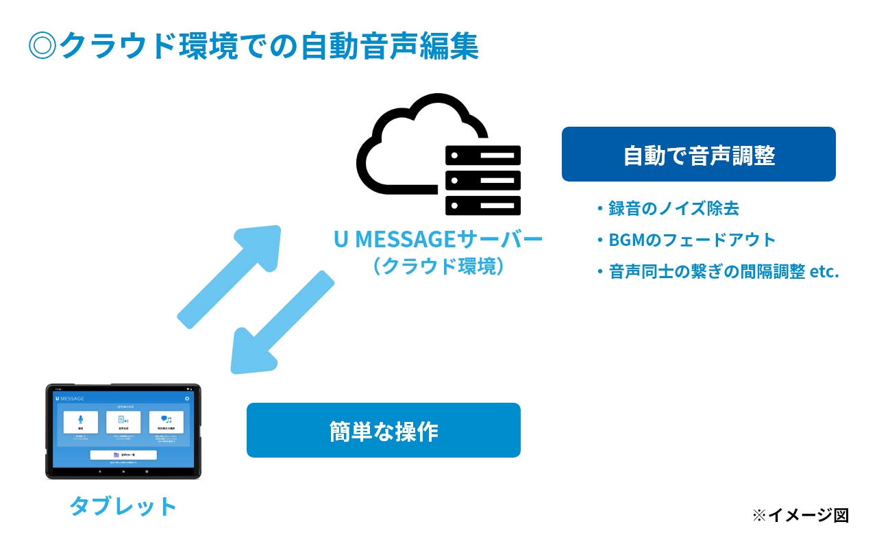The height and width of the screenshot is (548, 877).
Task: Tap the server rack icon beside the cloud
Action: [x=482, y=180]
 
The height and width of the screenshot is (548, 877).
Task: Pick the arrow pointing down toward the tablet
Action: [x=282, y=323]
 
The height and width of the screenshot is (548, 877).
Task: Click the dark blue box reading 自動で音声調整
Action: [x=698, y=155]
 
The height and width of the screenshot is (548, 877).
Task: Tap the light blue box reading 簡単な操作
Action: [x=383, y=430]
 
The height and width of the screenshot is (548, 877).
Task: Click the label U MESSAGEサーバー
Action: [x=438, y=240]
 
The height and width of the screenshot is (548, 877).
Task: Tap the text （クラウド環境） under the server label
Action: [x=438, y=266]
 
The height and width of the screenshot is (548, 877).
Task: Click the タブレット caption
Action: [x=123, y=507]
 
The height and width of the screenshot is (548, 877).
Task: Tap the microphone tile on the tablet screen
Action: [x=81, y=422]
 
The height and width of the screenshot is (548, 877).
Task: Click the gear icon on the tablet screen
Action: [x=187, y=398]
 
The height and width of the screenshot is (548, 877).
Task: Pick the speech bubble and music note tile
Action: [x=166, y=422]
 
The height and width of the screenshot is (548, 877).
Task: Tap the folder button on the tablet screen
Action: [x=123, y=455]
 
